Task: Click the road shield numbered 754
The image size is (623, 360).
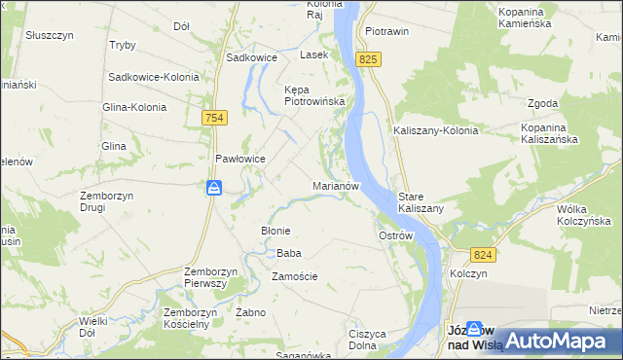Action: point(215,117)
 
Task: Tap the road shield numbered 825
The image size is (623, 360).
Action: point(367,60)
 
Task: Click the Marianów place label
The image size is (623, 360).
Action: point(337,185)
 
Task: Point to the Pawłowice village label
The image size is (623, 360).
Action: point(240,159)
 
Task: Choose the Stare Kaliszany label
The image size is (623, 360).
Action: point(421,202)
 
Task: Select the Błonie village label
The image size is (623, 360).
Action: point(275,231)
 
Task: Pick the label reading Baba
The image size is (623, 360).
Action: point(289,253)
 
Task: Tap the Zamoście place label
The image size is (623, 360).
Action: point(295,276)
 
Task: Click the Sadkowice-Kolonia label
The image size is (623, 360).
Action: point(154,77)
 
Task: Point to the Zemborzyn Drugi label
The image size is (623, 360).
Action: point(106,201)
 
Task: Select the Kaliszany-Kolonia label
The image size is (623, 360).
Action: point(435,130)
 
